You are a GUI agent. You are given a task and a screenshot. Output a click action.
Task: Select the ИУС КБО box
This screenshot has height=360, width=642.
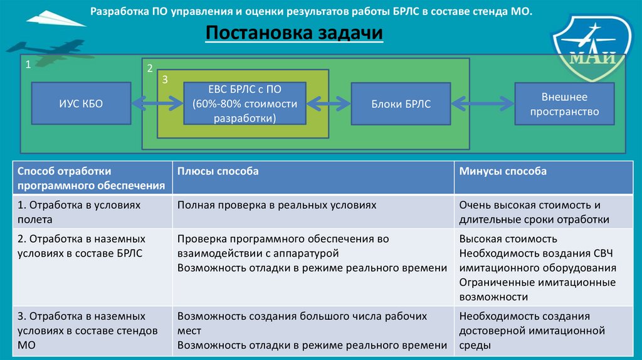[x=81, y=104]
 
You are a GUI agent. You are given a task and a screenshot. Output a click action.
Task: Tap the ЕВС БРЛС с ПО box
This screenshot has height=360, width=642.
[x=245, y=104]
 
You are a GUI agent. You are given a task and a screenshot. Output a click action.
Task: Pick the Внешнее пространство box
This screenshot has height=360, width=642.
[x=564, y=104]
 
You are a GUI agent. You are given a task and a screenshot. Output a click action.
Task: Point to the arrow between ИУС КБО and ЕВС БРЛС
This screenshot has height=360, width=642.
[x=157, y=103]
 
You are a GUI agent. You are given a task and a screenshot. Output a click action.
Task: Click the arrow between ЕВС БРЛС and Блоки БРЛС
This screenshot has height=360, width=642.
[x=329, y=103]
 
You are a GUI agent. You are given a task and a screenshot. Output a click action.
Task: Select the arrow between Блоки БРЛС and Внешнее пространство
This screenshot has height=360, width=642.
[x=482, y=103]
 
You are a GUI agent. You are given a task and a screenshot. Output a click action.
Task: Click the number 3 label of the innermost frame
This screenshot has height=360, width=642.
[x=164, y=80]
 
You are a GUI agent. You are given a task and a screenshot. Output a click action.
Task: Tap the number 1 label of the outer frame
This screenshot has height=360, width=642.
[x=28, y=65]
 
